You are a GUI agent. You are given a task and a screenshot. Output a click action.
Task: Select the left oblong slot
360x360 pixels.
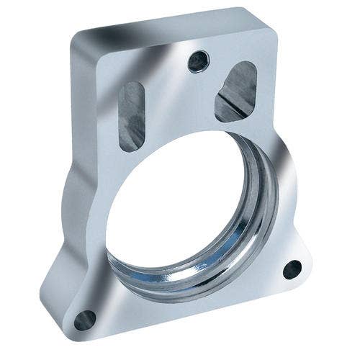(131, 115)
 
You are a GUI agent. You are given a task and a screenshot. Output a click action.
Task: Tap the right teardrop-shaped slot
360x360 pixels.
(237, 91)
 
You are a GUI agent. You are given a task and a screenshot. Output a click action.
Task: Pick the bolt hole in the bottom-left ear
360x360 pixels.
(85, 319)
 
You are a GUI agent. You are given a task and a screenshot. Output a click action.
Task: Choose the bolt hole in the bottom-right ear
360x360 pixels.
(292, 269)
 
